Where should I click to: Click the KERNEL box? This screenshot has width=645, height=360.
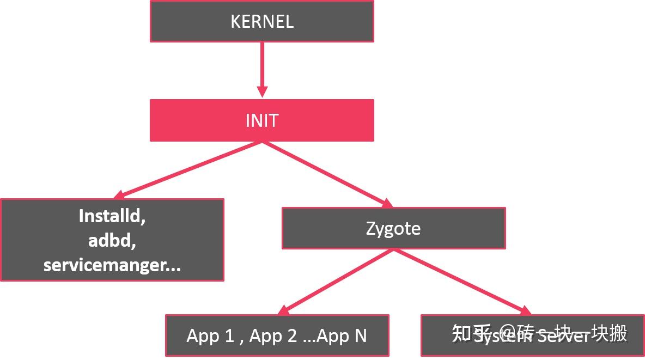tap(261, 21)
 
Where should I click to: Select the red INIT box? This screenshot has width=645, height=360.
tap(261, 120)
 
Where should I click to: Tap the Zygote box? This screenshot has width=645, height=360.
tap(393, 228)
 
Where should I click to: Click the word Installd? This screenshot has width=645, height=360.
tap(112, 216)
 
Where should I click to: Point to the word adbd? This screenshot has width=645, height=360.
tap(112, 240)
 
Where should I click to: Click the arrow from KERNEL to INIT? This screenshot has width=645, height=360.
tap(262, 65)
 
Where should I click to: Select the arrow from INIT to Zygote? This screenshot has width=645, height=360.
tap(327, 174)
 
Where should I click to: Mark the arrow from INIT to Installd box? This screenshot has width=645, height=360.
tap(191, 169)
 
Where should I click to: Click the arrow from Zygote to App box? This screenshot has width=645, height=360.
tap(338, 282)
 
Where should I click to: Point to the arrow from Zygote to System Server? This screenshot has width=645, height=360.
tap(460, 282)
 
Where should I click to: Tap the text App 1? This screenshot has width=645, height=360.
tap(210, 335)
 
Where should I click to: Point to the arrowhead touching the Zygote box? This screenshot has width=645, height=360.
tap(387, 204)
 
